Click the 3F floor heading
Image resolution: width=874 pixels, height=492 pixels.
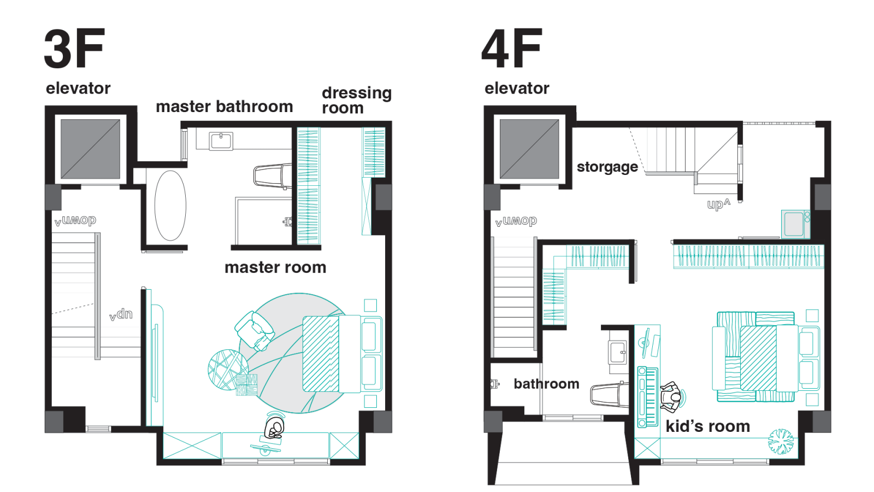pos(74,49)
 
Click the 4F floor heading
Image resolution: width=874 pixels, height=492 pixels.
pos(511,49)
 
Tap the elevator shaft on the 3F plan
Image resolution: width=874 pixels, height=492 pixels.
pos(90,149)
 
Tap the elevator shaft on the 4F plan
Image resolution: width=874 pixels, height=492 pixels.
pos(529,149)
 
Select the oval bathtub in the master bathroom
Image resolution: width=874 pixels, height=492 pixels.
pos(170,206)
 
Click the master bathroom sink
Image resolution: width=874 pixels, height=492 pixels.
pos(221,141)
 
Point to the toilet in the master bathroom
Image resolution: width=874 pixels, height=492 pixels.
pos(273,176)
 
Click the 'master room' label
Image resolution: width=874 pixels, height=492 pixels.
pos(275,267)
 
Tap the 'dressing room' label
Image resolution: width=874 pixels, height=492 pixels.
pos(357,101)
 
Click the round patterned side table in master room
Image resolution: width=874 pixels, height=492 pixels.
pos(228,370)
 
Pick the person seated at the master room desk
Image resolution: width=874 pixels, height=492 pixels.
pos(274,428)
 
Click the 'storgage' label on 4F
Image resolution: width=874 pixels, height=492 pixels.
pos(607,167)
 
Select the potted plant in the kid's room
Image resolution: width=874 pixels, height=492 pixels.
pos(781,441)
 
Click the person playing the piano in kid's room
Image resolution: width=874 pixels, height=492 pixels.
pos(672,397)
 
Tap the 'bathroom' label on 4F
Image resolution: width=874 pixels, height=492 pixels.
pos(546,384)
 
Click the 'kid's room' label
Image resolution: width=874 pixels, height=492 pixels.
pos(708,426)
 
